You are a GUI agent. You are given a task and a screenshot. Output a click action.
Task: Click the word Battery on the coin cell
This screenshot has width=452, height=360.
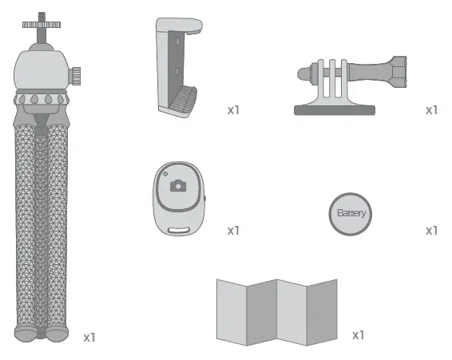(x=351, y=214)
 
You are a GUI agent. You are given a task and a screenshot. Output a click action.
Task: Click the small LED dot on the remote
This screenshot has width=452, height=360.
(x=164, y=175)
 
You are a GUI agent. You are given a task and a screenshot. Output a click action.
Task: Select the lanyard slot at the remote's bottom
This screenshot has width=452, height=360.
(x=179, y=231)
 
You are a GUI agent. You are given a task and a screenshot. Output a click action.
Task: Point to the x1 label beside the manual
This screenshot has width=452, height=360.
(x=359, y=334)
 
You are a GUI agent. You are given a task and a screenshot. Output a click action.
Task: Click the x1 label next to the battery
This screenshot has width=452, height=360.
(x=431, y=231)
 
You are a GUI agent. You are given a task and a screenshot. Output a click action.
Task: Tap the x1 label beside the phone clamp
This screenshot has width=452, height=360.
(x=233, y=109)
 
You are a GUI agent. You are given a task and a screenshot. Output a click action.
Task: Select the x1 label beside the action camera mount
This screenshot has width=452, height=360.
(x=431, y=109)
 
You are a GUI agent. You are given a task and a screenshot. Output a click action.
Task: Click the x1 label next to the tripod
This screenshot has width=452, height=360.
(x=89, y=337)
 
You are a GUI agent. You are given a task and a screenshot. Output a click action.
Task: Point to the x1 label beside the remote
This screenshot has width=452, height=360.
(x=233, y=231)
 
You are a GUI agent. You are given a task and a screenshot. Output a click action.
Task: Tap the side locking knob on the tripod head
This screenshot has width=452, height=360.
(x=77, y=75)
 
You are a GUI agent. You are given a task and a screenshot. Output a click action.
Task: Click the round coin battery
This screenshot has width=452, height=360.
(x=351, y=214)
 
